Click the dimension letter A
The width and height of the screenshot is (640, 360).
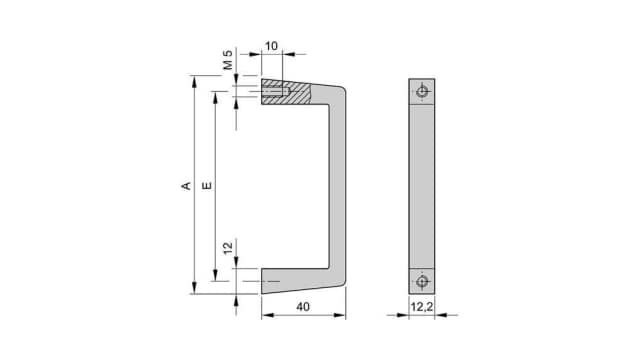click(x=184, y=185)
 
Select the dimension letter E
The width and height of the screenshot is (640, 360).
click(x=206, y=185)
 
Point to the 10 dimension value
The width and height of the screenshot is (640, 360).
click(x=271, y=46)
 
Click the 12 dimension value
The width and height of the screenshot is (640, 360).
click(x=228, y=248)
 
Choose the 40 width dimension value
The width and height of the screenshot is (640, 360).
click(x=303, y=308)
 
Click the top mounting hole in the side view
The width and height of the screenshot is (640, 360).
click(x=423, y=92)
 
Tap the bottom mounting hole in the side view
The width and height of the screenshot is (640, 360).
click(x=423, y=279)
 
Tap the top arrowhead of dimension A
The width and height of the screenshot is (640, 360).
click(x=193, y=81)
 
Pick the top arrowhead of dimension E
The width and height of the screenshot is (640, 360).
click(x=215, y=95)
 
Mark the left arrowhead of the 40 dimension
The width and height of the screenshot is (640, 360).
click(x=265, y=316)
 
